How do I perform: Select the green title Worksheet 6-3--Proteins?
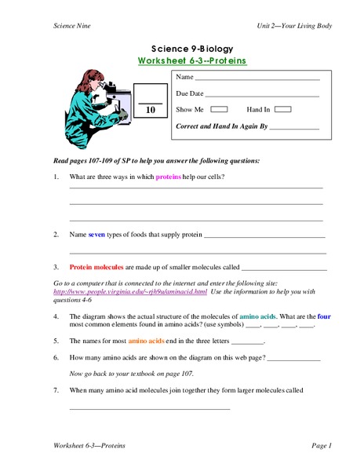192,60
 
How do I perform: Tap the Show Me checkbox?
220,110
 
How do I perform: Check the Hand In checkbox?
283,110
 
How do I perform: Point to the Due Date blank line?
262,95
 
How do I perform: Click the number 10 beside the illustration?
151,111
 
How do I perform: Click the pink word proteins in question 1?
168,177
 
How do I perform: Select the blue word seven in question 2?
96,234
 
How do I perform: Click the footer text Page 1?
322,446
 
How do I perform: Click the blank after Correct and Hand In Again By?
294,126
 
